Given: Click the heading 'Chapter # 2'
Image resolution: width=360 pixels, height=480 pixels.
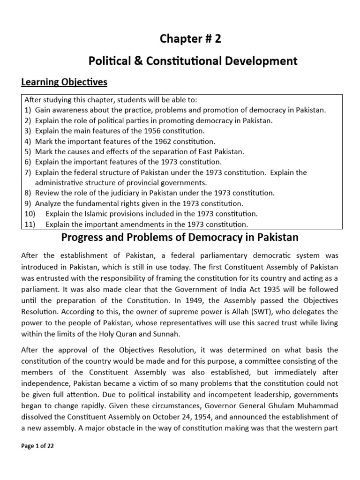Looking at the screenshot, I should point(190,39).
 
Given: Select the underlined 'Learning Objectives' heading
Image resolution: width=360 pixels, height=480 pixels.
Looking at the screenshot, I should point(64,82).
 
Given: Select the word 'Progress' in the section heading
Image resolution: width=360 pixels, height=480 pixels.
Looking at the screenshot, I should point(83,238).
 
